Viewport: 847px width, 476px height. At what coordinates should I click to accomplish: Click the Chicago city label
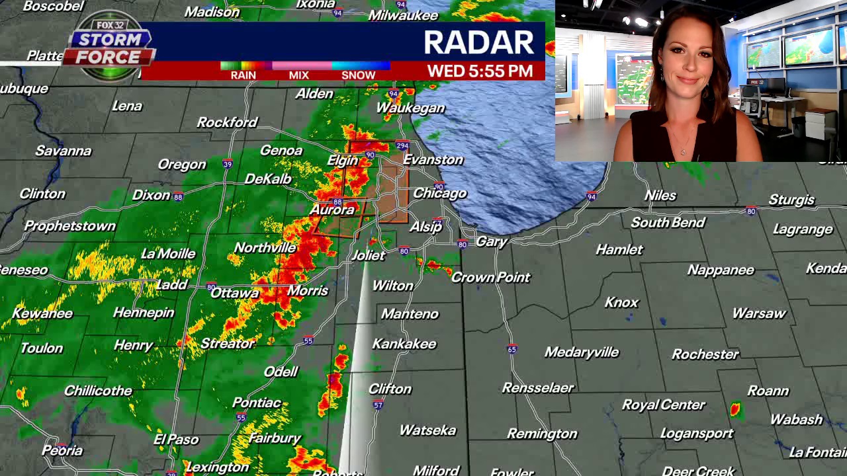coord(440,193)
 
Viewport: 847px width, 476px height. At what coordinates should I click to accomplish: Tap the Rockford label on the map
coord(227,122)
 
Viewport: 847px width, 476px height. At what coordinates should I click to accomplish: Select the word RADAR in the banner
coord(478,42)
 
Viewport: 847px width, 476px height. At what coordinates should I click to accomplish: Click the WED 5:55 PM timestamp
coord(480,71)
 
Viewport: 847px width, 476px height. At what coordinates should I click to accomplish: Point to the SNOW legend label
coord(358,75)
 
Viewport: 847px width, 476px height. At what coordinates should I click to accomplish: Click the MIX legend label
coord(299,75)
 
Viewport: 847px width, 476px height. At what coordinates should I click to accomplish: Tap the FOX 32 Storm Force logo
coord(110,45)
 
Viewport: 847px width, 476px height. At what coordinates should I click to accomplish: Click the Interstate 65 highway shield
coord(512,349)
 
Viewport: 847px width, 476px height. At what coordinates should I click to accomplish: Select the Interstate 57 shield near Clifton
coord(379,405)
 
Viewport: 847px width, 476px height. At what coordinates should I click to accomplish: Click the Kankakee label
coord(404,344)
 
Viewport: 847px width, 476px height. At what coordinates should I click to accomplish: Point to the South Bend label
coord(668,222)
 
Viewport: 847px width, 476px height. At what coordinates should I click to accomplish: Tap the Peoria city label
coord(62,451)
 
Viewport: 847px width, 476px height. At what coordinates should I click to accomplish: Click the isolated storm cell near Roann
coord(735,410)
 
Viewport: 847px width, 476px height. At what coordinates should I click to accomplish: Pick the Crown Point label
coord(490,277)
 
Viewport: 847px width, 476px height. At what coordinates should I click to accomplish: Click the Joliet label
coord(368,255)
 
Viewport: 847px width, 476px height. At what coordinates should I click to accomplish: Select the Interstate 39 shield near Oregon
coord(227,164)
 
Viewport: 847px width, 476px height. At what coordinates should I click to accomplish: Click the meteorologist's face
coord(687,63)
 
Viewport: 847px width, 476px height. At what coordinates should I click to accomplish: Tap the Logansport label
coord(697,434)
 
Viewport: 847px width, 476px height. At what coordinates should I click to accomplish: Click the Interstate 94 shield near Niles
coord(592,196)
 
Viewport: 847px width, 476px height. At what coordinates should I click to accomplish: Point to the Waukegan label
coord(410,108)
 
